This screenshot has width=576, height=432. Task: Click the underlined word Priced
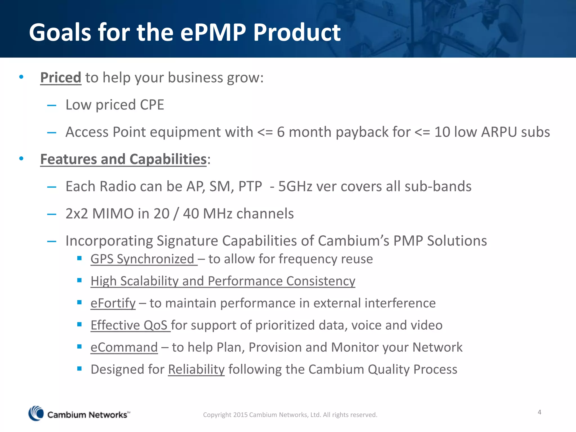pos(61,78)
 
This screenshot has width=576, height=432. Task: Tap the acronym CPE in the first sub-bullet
pos(152,105)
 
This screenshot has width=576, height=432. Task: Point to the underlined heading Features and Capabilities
pos(123,159)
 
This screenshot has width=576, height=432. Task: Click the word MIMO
pos(113,214)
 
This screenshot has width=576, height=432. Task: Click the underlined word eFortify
pos(113,303)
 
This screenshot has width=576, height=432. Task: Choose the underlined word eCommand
pos(124,347)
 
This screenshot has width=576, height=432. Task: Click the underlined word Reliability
pos(196,370)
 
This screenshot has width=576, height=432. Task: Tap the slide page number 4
pos(539,412)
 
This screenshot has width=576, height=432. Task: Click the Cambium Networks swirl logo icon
pos(36,413)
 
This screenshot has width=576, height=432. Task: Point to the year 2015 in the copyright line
pos(240,415)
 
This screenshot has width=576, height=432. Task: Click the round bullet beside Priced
pos(21,77)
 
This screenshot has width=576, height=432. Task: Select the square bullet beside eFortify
pos(79,302)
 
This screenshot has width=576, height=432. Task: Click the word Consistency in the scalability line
pos(321,281)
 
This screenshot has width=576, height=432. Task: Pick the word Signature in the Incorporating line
pos(187,241)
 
